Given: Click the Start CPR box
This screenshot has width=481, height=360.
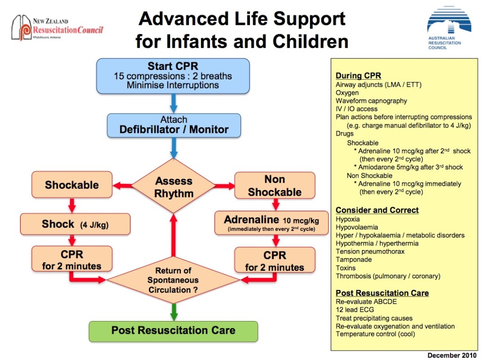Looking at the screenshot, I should (x=172, y=76).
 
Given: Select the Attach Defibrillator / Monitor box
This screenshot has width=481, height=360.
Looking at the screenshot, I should (x=173, y=125).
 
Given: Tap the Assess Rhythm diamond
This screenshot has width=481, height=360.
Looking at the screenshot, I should (x=174, y=187).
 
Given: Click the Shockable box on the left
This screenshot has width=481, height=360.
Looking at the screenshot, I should (x=71, y=185).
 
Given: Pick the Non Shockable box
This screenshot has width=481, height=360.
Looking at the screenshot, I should (x=274, y=185).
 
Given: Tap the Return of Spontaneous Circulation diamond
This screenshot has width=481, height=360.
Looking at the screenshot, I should (x=173, y=280).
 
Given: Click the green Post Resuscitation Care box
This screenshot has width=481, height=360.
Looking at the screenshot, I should (x=173, y=330).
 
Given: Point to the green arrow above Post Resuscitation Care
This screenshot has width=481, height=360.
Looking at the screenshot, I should (x=174, y=311).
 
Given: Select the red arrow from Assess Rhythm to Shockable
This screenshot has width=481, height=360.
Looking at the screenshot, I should (x=123, y=186).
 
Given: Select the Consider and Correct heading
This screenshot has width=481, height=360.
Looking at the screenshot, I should (x=377, y=210).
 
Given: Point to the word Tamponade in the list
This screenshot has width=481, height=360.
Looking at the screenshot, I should (x=354, y=260).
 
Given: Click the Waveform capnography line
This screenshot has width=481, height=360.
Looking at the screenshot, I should (x=371, y=101).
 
